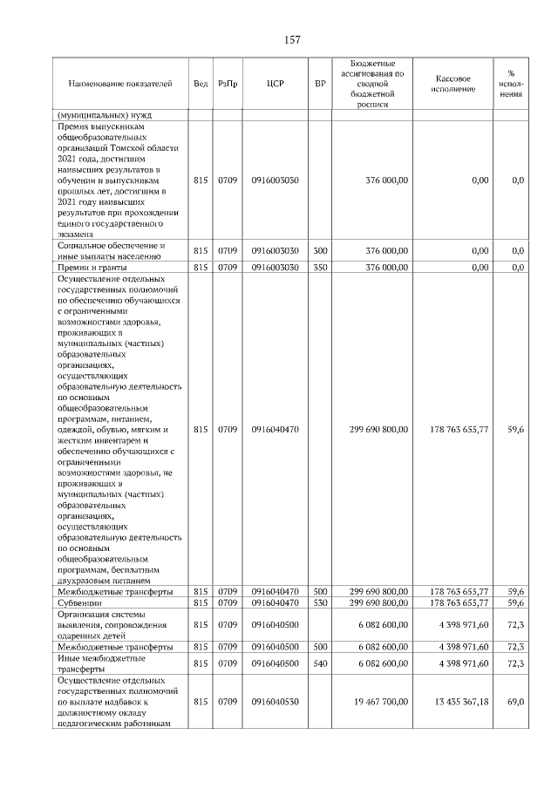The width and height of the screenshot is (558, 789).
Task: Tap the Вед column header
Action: coord(201,84)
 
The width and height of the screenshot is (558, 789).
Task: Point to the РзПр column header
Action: coord(228,84)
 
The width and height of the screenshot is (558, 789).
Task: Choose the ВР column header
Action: coord(319,84)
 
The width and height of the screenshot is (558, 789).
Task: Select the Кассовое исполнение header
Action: coord(453,84)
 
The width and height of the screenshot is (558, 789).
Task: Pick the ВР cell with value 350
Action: coord(319,268)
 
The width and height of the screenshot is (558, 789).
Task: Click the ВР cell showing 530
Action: coord(319,602)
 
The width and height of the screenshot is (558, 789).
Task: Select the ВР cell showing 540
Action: coord(319,663)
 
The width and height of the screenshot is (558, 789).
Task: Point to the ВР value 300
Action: coord(319,251)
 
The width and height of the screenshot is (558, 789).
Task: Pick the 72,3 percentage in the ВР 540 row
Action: coord(514,663)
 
